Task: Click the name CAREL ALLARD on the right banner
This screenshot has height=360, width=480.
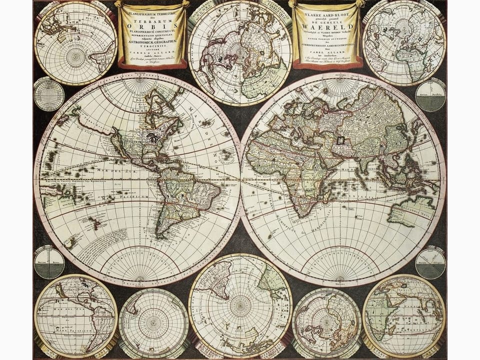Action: [x=327, y=54]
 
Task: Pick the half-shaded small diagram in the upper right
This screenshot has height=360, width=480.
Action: [x=430, y=95]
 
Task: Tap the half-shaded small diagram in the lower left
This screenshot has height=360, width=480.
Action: [x=49, y=262]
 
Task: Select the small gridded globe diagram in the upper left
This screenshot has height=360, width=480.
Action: [x=49, y=94]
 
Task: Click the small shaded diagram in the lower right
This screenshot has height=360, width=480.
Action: [x=430, y=263]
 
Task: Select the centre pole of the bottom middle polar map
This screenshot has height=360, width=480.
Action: [x=240, y=305]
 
